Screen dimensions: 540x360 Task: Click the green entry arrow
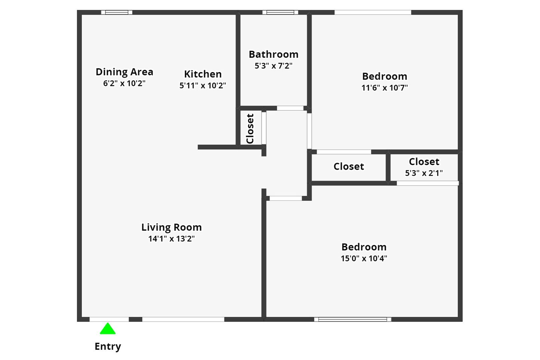pos(108,329)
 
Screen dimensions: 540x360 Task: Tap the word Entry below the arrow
pos(108,346)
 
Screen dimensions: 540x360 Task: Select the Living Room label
pos(171,227)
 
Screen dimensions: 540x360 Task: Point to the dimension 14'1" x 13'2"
pos(171,239)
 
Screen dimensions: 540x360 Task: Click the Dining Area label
pos(124,72)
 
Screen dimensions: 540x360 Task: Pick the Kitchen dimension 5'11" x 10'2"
pos(203,86)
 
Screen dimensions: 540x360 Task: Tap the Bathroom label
pos(274,54)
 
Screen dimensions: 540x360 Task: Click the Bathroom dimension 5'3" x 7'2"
pos(274,66)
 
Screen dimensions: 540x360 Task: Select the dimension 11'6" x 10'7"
pos(385,88)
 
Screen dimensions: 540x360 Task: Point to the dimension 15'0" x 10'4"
pos(364,258)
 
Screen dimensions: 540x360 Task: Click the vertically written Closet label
pos(250,129)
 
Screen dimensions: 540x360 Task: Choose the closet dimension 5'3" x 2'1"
pos(424,173)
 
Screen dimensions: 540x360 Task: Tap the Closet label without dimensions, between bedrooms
pos(349,166)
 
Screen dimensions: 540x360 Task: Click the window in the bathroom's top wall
pos(280,12)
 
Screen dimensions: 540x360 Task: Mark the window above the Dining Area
pos(117,12)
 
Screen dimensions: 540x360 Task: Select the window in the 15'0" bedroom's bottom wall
pos(352,319)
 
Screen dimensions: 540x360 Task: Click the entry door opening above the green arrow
pos(109,319)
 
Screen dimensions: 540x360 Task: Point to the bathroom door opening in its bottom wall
pos(290,108)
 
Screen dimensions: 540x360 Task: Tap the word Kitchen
pos(203,74)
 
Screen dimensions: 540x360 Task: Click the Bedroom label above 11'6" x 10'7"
pos(385,76)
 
